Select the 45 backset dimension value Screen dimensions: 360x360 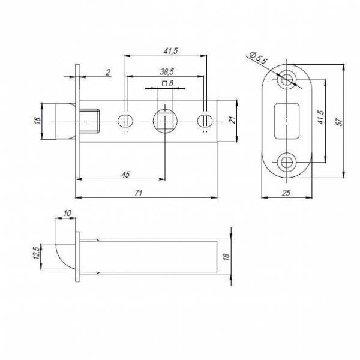[126, 175]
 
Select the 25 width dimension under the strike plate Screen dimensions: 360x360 [287, 193]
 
